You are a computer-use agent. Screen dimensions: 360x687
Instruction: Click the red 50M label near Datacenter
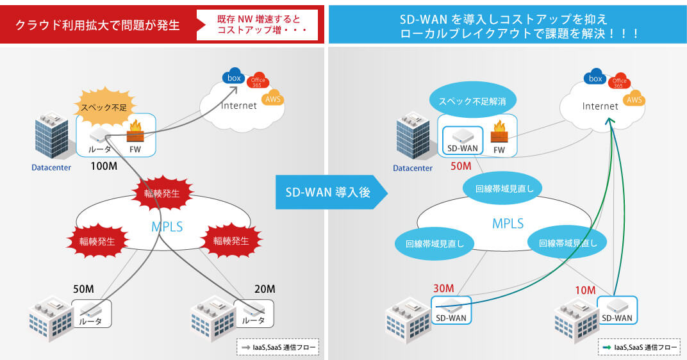tap(461, 167)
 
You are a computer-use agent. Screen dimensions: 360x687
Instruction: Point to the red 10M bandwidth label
tap(584, 290)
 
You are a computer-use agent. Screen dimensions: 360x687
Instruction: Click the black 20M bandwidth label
tap(264, 289)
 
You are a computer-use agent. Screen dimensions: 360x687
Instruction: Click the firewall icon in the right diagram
tap(499, 135)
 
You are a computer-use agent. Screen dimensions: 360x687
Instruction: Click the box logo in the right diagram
tap(595, 78)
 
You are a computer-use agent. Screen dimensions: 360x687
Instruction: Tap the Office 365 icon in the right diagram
tap(619, 81)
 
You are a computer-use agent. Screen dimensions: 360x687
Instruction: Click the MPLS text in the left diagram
tap(167, 225)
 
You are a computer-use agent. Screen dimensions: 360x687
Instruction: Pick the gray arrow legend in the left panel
tap(277, 347)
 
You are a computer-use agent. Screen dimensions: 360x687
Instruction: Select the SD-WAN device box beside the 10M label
tap(618, 310)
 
